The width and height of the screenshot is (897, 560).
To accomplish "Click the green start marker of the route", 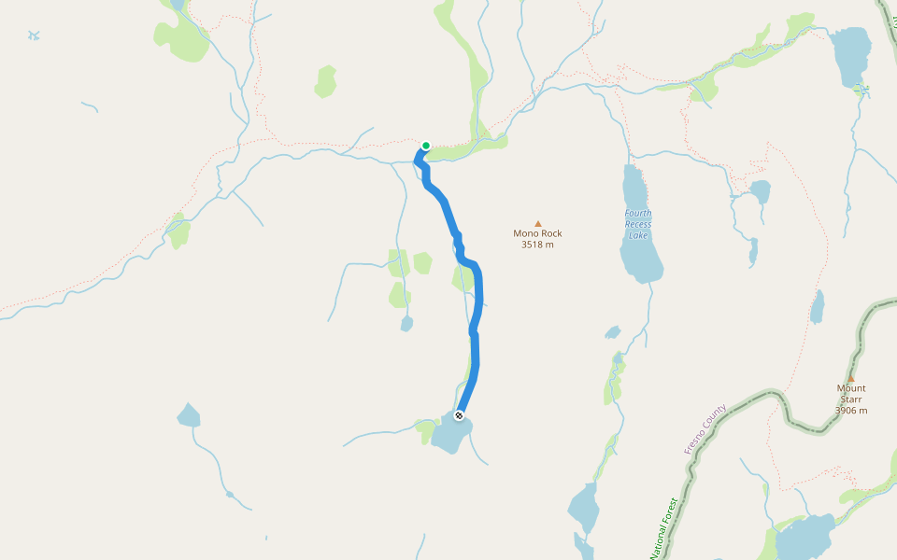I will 426,146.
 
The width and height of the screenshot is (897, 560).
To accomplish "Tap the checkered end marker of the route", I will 459,415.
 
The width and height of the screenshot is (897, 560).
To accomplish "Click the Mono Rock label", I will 537,233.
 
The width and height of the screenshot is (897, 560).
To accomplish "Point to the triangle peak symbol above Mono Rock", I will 537,223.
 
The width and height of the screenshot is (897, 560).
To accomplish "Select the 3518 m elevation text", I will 537,245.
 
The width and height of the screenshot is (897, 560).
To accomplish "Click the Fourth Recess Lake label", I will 638,224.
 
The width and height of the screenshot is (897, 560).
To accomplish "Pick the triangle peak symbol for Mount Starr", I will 850,378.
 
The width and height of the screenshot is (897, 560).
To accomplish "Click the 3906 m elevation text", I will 851,411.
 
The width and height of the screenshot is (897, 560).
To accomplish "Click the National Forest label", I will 663,528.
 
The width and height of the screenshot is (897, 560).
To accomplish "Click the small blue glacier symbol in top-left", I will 34,35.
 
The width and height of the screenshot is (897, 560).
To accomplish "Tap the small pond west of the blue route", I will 406,324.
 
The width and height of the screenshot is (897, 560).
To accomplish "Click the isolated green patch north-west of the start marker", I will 325,81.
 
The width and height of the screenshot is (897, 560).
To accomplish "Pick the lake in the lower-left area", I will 189,415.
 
